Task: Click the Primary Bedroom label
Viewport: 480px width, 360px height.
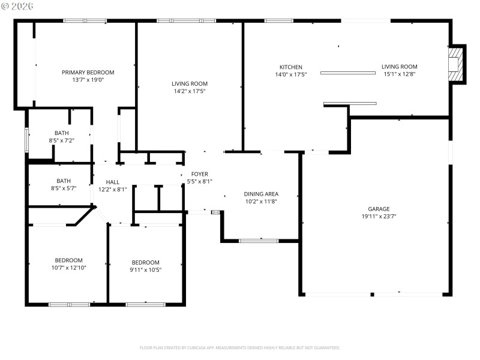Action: click(88, 72)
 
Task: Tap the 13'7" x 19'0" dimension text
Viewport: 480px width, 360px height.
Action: click(88, 80)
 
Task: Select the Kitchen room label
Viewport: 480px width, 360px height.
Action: click(291, 67)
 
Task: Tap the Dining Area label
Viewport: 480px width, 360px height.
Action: click(261, 194)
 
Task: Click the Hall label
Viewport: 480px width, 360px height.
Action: click(113, 181)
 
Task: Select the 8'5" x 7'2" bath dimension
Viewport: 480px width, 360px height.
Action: click(62, 140)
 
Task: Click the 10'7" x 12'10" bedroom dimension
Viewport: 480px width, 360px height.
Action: click(68, 268)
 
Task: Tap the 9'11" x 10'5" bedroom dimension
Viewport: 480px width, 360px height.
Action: click(146, 269)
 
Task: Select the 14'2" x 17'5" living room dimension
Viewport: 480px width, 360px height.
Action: click(190, 91)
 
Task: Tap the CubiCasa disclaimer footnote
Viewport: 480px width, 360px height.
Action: click(240, 347)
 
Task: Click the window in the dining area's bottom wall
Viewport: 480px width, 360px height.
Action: click(259, 241)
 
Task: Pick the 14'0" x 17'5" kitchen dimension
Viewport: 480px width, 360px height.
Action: click(291, 74)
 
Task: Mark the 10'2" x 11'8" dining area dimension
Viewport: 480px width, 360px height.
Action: click(261, 202)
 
